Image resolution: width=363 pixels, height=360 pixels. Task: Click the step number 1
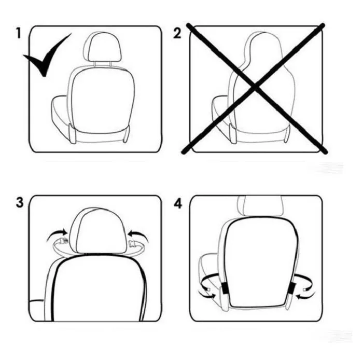coord(19,33)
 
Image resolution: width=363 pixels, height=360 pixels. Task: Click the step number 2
coord(177,33)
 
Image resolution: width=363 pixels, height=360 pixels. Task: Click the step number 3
coord(20,202)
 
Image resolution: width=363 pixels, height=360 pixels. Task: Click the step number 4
coord(178,203)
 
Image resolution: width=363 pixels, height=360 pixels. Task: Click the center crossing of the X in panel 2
coord(255,88)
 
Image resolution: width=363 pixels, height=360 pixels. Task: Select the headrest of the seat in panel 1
coord(102,47)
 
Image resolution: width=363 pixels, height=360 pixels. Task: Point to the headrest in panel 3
coord(99,230)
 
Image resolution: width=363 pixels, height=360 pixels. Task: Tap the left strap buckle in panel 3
coord(64,241)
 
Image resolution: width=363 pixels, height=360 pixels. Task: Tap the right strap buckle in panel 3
coord(132,244)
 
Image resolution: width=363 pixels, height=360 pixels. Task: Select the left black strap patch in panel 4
coord(225,288)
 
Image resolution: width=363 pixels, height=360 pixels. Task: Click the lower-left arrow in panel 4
coord(207,294)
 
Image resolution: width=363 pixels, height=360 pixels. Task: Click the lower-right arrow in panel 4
coord(305,295)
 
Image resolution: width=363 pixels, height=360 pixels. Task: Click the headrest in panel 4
coord(260,206)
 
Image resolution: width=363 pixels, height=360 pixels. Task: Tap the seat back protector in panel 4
coord(261,262)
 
